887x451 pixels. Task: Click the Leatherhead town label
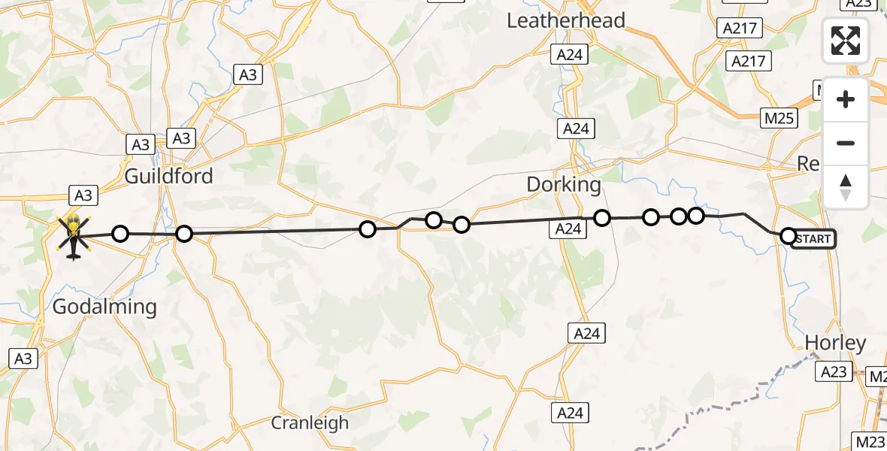pyautogui.click(x=566, y=20)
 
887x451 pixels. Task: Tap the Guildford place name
pyautogui.click(x=169, y=177)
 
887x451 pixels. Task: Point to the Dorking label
pyautogui.click(x=564, y=184)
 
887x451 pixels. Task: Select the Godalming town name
pyautogui.click(x=104, y=307)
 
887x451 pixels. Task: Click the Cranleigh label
pyautogui.click(x=310, y=422)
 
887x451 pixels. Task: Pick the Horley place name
pyautogui.click(x=835, y=344)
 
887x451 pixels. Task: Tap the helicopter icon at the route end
pyautogui.click(x=74, y=235)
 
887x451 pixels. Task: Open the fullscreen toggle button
pyautogui.click(x=846, y=41)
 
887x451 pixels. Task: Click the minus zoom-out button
pyautogui.click(x=846, y=144)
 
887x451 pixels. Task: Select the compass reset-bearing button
pyautogui.click(x=846, y=187)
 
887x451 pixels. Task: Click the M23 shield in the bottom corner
pyautogui.click(x=869, y=439)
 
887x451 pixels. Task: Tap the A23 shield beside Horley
pyautogui.click(x=834, y=371)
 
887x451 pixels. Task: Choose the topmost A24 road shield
pyautogui.click(x=571, y=54)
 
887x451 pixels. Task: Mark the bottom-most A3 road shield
pyautogui.click(x=23, y=359)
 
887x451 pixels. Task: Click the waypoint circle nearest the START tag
pyautogui.click(x=788, y=236)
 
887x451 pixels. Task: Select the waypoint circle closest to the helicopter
pyautogui.click(x=120, y=234)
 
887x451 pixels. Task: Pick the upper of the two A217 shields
pyautogui.click(x=740, y=29)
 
